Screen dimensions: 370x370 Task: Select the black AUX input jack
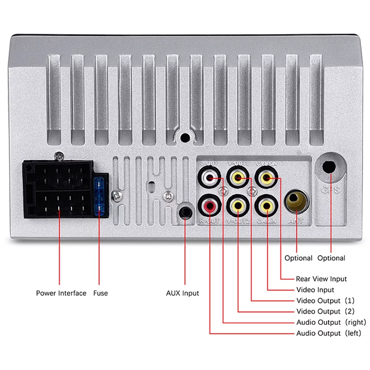click(185, 212)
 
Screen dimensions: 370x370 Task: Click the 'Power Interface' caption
click(61, 293)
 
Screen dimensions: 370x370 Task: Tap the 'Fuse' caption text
click(100, 293)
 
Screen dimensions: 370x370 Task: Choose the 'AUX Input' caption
click(182, 293)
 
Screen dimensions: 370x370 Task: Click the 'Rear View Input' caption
click(321, 279)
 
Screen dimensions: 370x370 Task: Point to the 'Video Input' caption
click(315, 290)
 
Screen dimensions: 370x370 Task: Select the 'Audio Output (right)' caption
click(331, 322)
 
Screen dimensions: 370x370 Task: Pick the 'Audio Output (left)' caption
click(328, 333)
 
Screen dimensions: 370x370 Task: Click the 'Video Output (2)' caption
click(325, 312)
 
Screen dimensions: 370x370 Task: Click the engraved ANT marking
click(296, 221)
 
